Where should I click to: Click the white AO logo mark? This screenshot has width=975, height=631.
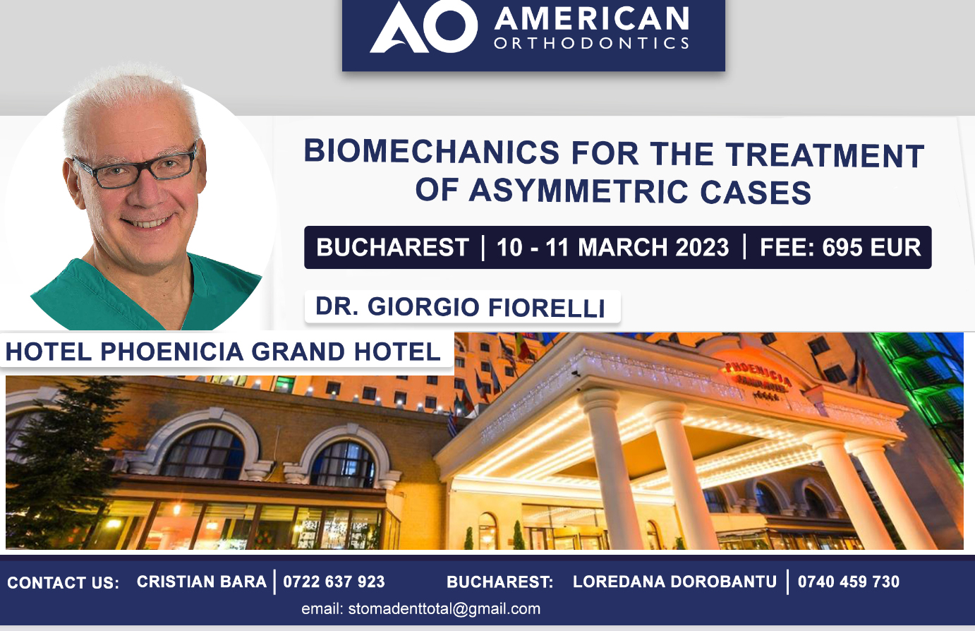pyautogui.click(x=423, y=27)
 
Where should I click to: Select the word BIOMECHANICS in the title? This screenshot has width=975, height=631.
pyautogui.click(x=431, y=152)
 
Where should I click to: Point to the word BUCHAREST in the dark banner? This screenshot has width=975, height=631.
pyautogui.click(x=392, y=247)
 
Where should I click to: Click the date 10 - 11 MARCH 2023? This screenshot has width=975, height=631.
pyautogui.click(x=613, y=247)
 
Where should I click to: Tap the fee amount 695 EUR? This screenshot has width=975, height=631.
pyautogui.click(x=871, y=247)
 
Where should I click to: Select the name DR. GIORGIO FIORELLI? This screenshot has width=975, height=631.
pyautogui.click(x=460, y=306)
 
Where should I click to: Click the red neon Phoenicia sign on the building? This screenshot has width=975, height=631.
pyautogui.click(x=758, y=375)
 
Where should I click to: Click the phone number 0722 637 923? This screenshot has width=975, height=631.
pyautogui.click(x=334, y=582)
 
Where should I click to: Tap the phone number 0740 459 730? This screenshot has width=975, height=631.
pyautogui.click(x=848, y=582)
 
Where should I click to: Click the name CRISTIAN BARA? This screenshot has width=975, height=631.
pyautogui.click(x=202, y=582)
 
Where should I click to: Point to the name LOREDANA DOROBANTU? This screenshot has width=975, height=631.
pyautogui.click(x=674, y=582)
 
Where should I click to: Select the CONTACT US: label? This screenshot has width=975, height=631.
pyautogui.click(x=63, y=583)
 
